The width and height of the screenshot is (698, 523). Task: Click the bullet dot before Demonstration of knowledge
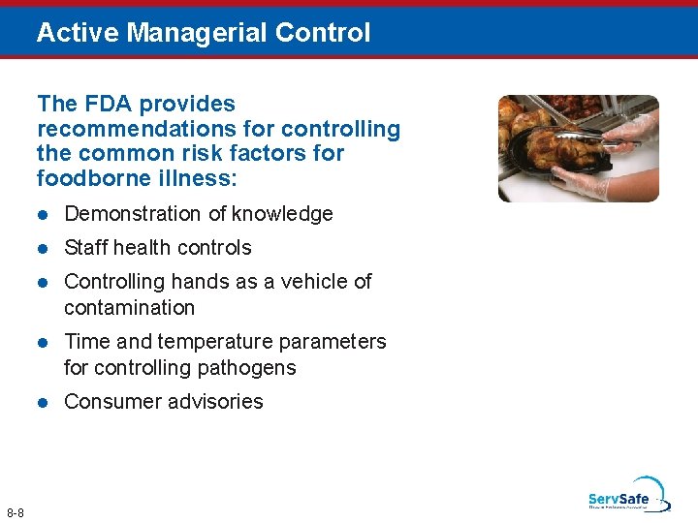pos(43,214)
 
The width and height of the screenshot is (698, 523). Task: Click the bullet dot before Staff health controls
pos(43,248)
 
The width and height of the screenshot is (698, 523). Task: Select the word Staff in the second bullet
pos(86,248)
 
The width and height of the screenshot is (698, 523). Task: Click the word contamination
pos(129,308)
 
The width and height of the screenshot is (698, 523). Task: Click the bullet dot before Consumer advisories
pos(43,402)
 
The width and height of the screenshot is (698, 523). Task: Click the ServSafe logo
pos(626,496)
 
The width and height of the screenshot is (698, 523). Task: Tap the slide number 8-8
pos(16,511)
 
